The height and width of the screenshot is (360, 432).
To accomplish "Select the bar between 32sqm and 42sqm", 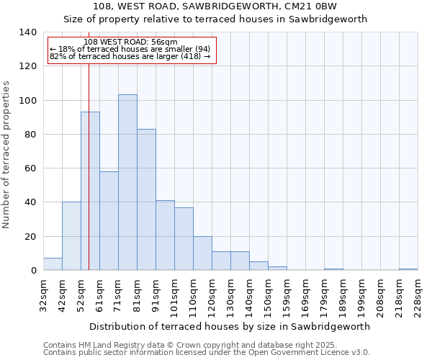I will pos(53,264).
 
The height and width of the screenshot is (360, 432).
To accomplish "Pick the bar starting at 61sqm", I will pos(109,220).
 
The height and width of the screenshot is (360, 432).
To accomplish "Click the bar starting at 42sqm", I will pos(71,236).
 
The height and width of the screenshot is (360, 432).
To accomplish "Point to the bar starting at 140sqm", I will pos(258,266).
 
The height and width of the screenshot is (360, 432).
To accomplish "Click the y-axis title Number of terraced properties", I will pos(6,155).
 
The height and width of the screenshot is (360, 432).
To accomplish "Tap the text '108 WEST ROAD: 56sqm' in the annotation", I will pos(130,42).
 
